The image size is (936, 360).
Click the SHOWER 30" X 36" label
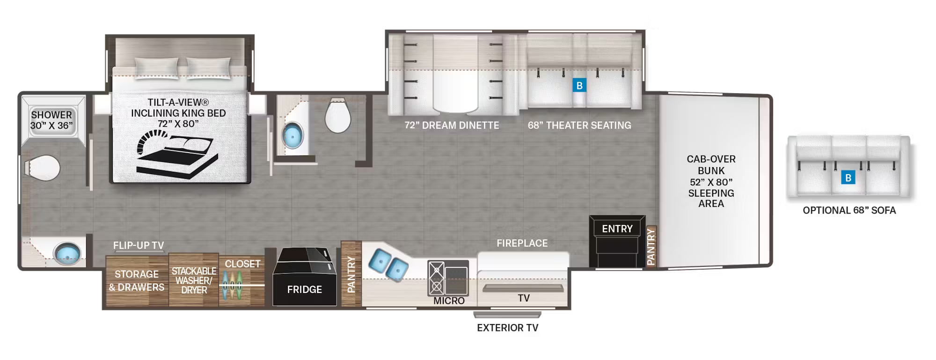point(51,120)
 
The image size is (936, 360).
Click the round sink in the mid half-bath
point(293,136)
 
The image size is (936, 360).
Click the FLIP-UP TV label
point(139,245)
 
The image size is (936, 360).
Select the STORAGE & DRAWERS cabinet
point(137,280)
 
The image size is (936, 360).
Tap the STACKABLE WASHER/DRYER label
point(194,280)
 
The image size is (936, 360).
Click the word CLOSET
point(242,264)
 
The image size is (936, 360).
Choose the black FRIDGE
point(305,278)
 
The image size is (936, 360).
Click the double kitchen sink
point(388,264)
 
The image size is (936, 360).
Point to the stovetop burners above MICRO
point(437,278)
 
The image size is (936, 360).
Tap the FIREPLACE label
point(522,243)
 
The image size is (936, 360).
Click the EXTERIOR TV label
point(507,328)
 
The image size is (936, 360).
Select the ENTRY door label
point(617,229)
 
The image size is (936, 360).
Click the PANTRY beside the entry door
point(651,247)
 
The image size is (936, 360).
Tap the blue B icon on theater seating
point(579,86)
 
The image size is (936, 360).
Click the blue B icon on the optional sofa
point(848,178)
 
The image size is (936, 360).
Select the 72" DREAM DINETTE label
point(452,125)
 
